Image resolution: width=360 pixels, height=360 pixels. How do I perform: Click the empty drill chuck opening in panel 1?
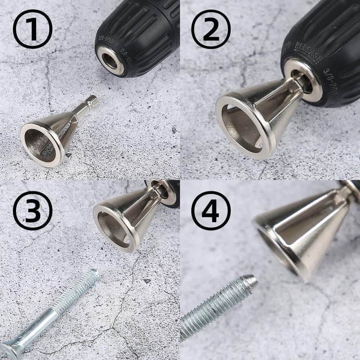pos(111,60)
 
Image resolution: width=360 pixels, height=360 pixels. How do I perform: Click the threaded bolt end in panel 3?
pos(82,288)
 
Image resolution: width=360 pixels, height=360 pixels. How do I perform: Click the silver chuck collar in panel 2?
pos(303,77)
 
